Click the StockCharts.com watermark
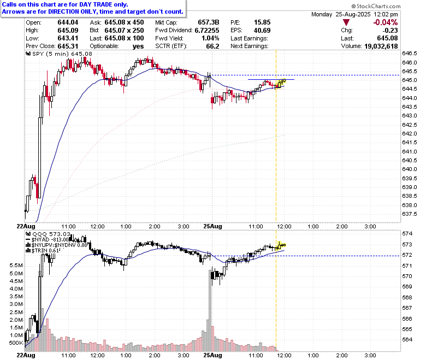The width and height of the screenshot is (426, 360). pyautogui.click(x=376, y=6)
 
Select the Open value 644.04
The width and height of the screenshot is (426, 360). pyautogui.click(x=68, y=22)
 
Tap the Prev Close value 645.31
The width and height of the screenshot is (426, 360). pyautogui.click(x=68, y=46)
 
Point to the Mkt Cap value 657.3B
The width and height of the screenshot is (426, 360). pyautogui.click(x=209, y=22)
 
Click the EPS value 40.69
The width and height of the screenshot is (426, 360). pyautogui.click(x=262, y=31)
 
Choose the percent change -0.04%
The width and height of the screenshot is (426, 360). pyautogui.click(x=386, y=22)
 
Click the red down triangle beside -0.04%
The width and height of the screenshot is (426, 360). pyautogui.click(x=346, y=22)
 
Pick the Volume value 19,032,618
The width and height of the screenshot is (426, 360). pyautogui.click(x=381, y=46)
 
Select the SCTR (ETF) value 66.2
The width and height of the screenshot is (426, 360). pyautogui.click(x=213, y=46)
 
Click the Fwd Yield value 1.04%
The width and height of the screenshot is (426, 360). pyautogui.click(x=210, y=38)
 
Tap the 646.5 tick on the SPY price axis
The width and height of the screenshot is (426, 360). pyautogui.click(x=410, y=54)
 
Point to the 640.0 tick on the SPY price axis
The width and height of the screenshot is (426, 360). pyautogui.click(x=410, y=169)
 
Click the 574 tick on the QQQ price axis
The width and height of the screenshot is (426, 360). pyautogui.click(x=407, y=234)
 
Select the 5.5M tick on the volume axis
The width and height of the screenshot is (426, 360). pyautogui.click(x=16, y=265)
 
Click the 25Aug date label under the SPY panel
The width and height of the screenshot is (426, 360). pyautogui.click(x=213, y=226)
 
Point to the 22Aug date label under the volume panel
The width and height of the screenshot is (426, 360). pyautogui.click(x=26, y=355)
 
